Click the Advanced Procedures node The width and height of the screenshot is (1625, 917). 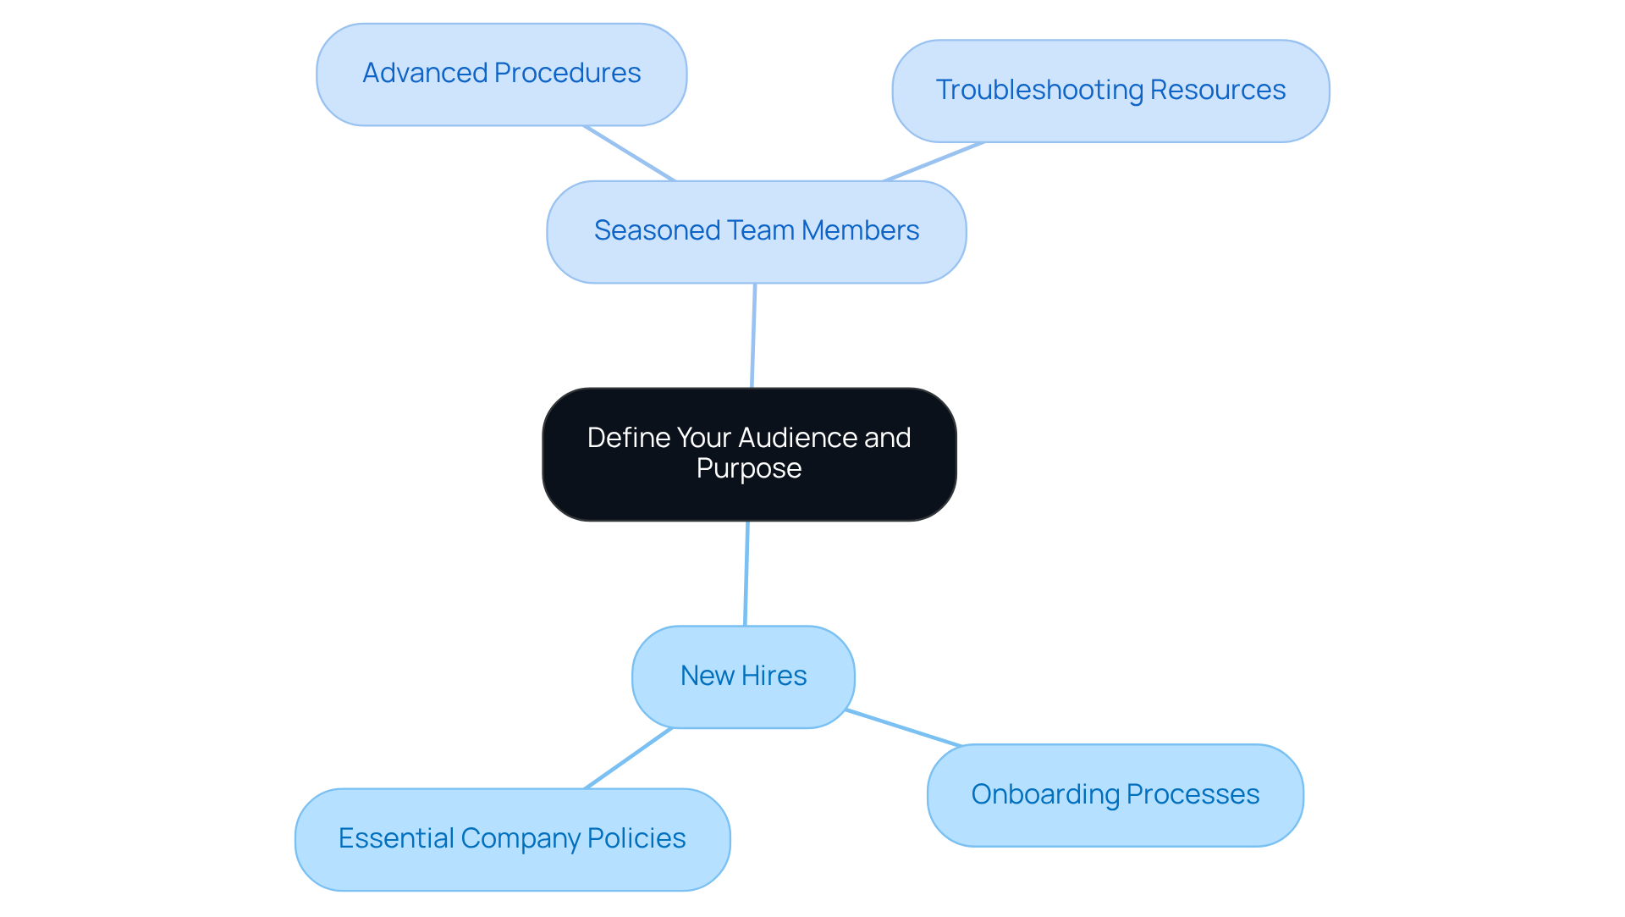pos(501,75)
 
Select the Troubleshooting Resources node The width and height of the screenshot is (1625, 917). pos(1110,91)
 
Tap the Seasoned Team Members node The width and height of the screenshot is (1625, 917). pos(756,231)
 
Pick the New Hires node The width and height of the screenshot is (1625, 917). pos(743,677)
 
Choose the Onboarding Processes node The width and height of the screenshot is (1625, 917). pos(1115,795)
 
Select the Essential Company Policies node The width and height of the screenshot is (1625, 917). pos(512,839)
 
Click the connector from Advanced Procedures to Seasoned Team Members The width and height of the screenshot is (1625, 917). pos(629,153)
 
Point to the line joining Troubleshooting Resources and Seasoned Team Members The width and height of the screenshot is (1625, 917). pos(933,162)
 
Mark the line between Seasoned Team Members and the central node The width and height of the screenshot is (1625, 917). pos(753,335)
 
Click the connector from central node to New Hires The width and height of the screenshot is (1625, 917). pos(746,573)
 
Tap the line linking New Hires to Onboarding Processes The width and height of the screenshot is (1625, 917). pos(904,728)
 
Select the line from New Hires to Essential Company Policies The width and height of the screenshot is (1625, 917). pos(628,759)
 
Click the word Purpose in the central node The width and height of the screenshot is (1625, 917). pos(749,468)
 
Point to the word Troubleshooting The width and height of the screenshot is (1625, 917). pos(1038,90)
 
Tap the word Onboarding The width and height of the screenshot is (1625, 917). pos(1045,794)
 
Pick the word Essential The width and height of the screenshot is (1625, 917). pos(395,838)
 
